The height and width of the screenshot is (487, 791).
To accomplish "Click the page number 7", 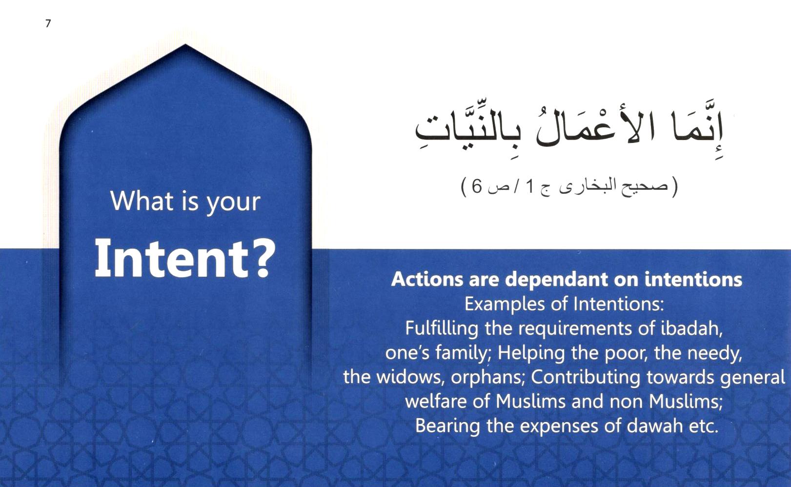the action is click(48, 23).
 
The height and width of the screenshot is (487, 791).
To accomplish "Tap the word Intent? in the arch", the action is click(184, 258).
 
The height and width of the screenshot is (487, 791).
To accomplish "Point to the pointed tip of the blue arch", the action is click(185, 44).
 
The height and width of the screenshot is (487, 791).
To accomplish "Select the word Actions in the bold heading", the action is click(427, 279).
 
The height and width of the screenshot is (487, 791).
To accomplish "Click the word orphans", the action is click(487, 378).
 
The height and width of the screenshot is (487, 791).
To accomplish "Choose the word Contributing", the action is click(585, 378).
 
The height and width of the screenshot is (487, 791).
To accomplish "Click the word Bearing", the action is click(447, 426).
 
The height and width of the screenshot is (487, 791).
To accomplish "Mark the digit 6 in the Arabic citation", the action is click(476, 186).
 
